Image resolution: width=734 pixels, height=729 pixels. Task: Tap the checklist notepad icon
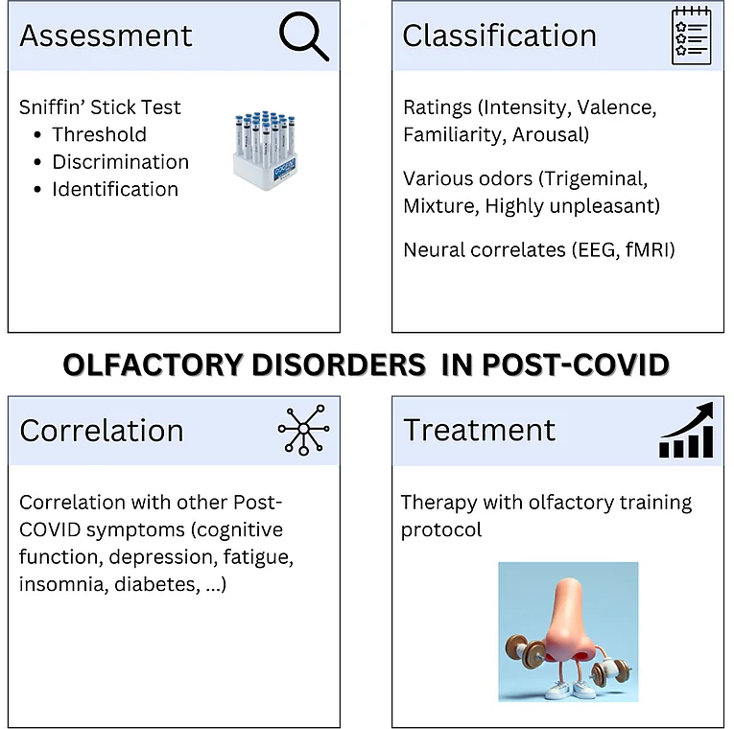pyautogui.click(x=691, y=35)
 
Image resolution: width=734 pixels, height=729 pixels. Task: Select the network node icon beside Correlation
pyautogui.click(x=303, y=430)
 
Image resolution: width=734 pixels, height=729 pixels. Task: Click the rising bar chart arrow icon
pyautogui.click(x=686, y=430)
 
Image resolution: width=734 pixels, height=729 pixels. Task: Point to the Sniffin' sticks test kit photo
pyautogui.click(x=266, y=151)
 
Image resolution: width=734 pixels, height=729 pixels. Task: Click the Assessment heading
pyautogui.click(x=106, y=35)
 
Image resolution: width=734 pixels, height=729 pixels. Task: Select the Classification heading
pyautogui.click(x=500, y=35)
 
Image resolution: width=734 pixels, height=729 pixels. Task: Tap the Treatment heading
pyautogui.click(x=479, y=430)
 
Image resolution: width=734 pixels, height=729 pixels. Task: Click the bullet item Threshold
pyautogui.click(x=99, y=134)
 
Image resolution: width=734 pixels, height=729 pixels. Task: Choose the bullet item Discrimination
pyautogui.click(x=120, y=162)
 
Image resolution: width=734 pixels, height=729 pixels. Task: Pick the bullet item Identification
pyautogui.click(x=115, y=189)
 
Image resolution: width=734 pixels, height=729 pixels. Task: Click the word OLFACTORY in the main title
pyautogui.click(x=154, y=364)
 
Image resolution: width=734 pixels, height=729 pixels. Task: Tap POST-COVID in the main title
pyautogui.click(x=576, y=364)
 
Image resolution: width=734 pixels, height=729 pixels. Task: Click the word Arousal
pyautogui.click(x=551, y=134)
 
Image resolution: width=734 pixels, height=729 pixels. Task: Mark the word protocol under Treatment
pyautogui.click(x=441, y=530)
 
